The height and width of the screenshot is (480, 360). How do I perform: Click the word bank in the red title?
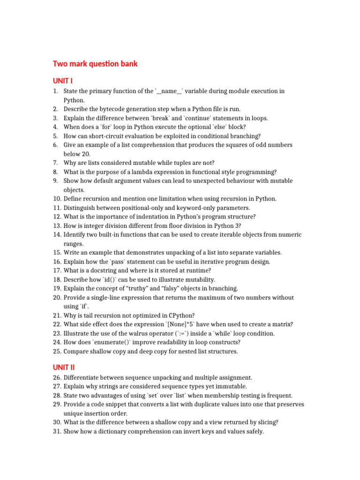tap(127, 64)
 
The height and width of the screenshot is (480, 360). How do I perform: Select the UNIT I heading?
tap(62, 81)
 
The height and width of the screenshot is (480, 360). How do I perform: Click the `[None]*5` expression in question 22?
tap(182, 324)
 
